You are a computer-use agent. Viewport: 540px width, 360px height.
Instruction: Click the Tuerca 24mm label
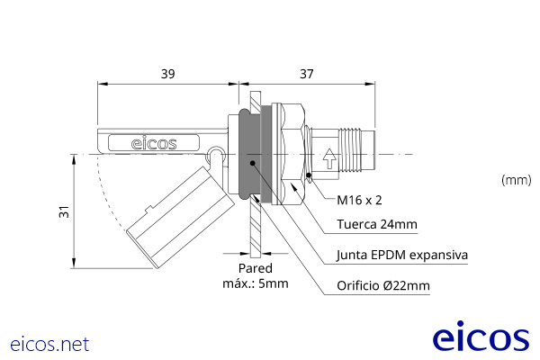pyautogui.click(x=376, y=225)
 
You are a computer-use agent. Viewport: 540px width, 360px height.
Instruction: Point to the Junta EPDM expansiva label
pyautogui.click(x=401, y=255)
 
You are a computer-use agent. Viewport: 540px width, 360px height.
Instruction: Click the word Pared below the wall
pyautogui.click(x=255, y=269)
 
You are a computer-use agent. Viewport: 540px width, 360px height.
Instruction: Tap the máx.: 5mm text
pyautogui.click(x=255, y=284)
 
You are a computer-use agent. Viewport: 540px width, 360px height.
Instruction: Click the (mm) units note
pyautogui.click(x=516, y=180)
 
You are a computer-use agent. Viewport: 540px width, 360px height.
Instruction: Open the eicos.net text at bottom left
pyautogui.click(x=49, y=344)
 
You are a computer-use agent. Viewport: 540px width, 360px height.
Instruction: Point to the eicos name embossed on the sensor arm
pyautogui.click(x=154, y=142)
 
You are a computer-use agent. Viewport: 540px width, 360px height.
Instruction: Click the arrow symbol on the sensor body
pyautogui.click(x=329, y=159)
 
